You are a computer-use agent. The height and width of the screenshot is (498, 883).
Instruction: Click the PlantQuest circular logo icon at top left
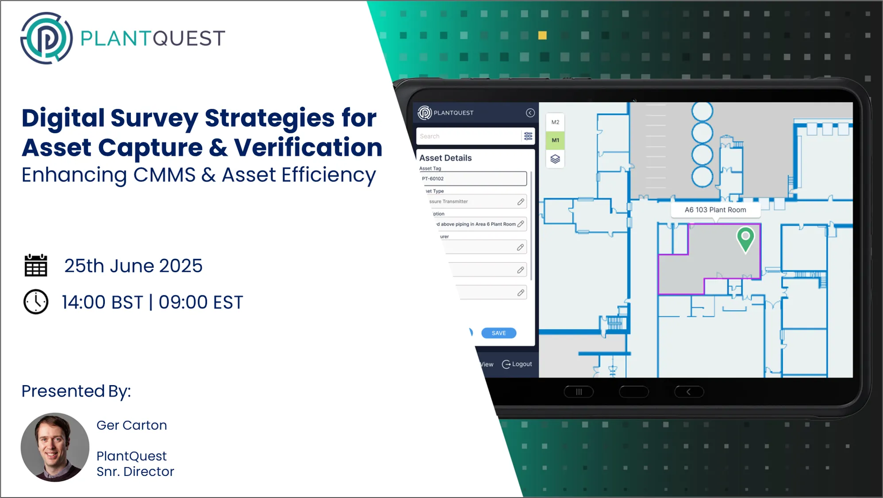[46, 38]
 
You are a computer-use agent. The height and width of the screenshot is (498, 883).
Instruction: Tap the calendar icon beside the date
[36, 266]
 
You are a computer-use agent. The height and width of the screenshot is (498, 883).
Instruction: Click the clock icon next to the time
[36, 302]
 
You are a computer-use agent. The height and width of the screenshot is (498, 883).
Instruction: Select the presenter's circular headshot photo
[55, 447]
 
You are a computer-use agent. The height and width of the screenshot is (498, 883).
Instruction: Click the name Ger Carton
[132, 425]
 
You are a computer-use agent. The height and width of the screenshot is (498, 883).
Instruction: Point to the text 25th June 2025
[133, 266]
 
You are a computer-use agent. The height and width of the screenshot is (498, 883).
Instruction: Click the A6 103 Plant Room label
[715, 210]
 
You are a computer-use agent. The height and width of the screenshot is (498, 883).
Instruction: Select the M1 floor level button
[555, 140]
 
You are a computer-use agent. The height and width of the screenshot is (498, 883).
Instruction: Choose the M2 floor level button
[555, 122]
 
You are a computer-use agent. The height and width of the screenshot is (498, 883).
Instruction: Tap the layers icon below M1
[555, 159]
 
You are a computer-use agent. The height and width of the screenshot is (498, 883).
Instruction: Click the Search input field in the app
[468, 136]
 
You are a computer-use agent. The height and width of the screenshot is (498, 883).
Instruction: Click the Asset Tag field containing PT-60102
[473, 179]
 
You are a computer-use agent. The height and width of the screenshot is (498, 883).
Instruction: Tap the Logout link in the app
[517, 364]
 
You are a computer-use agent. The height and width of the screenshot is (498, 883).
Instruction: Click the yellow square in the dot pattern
[542, 35]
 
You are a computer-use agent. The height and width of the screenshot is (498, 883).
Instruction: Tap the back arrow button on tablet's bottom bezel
[689, 392]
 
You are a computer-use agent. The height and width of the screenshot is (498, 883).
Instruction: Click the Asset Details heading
[445, 158]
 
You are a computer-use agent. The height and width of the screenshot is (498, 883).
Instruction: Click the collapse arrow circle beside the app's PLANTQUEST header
[530, 113]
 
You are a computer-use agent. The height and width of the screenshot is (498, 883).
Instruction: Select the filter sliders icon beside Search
[528, 136]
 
